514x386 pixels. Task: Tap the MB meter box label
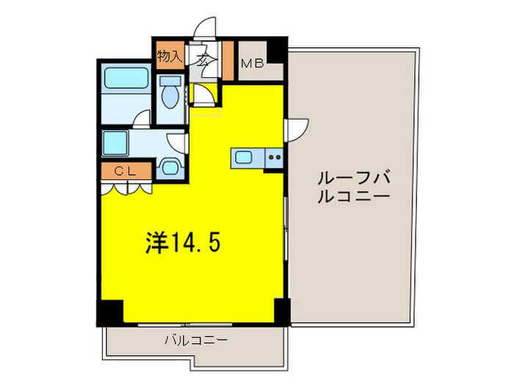pos(253,63)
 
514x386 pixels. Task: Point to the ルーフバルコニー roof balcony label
pos(354,187)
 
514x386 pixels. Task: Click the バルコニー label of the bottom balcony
pos(195,340)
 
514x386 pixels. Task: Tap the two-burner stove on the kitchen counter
pos(275,157)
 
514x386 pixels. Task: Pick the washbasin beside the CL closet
pos(170,167)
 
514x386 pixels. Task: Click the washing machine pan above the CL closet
pos(117,140)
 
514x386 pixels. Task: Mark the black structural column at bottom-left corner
pos(110,312)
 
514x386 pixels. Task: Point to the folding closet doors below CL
pos(127,187)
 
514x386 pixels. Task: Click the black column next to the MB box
pos(275,49)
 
